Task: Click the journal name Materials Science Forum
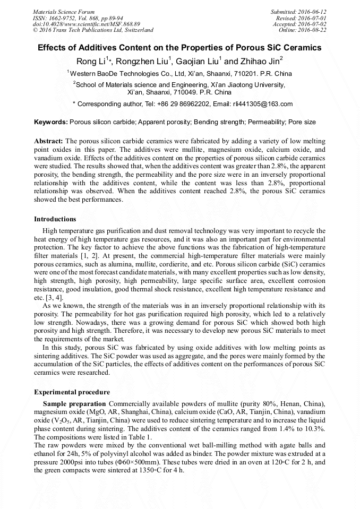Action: [64, 12]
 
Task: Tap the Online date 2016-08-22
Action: [314, 30]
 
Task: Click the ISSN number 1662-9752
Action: [65, 18]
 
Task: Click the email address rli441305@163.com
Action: [263, 104]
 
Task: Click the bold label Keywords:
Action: [51, 122]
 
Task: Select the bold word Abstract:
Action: [49, 141]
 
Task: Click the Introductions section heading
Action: [55, 219]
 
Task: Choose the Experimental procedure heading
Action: [72, 392]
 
